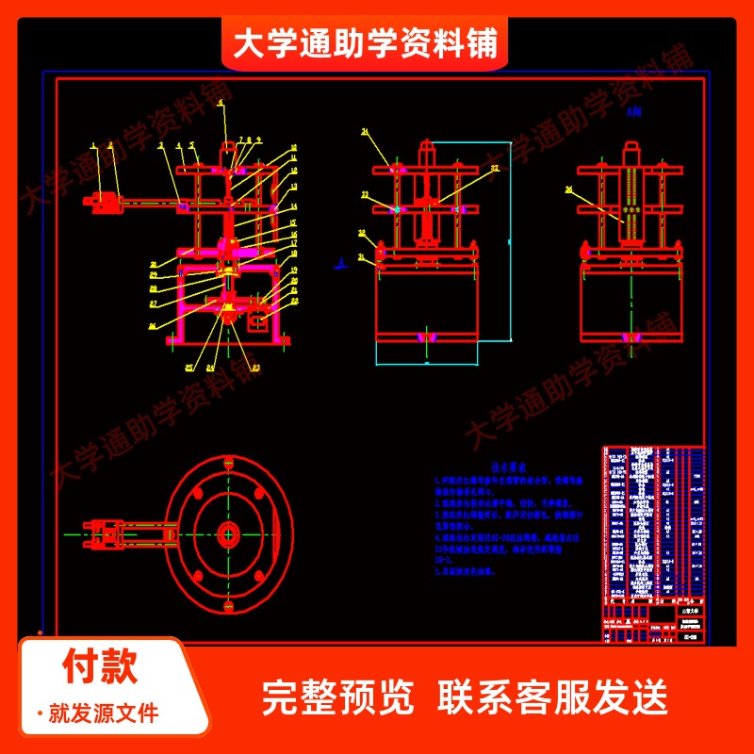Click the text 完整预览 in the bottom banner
pos(337,697)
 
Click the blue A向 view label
pos(633,111)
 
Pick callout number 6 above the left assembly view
pos(221,101)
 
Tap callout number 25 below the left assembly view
pos(188,367)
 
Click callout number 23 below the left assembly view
pos(255,367)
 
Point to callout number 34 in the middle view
pos(366,133)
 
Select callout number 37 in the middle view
pos(496,170)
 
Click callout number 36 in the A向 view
pos(568,189)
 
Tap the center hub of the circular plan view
pos(228,534)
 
